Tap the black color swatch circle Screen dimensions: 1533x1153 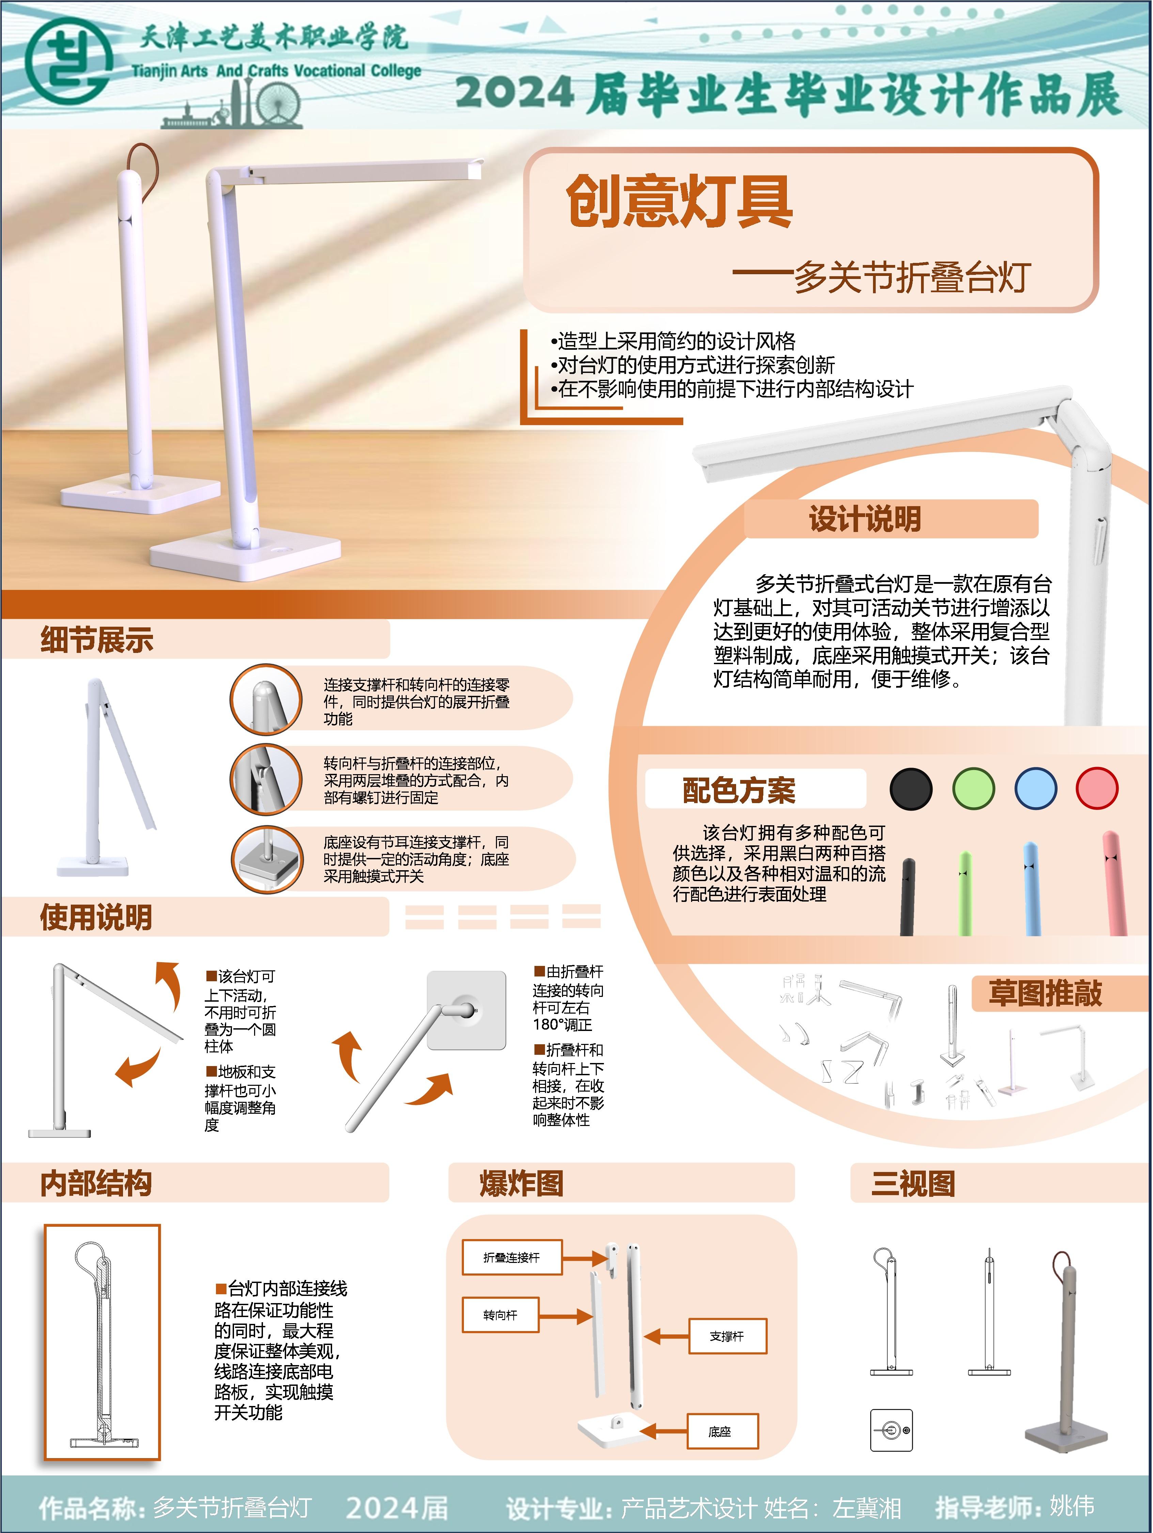910,789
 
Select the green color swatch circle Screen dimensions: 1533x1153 973,789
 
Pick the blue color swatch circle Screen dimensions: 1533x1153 1035,789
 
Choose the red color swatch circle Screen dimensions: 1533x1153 1097,789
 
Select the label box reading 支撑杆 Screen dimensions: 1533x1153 727,1336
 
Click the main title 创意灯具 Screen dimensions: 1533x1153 679,201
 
